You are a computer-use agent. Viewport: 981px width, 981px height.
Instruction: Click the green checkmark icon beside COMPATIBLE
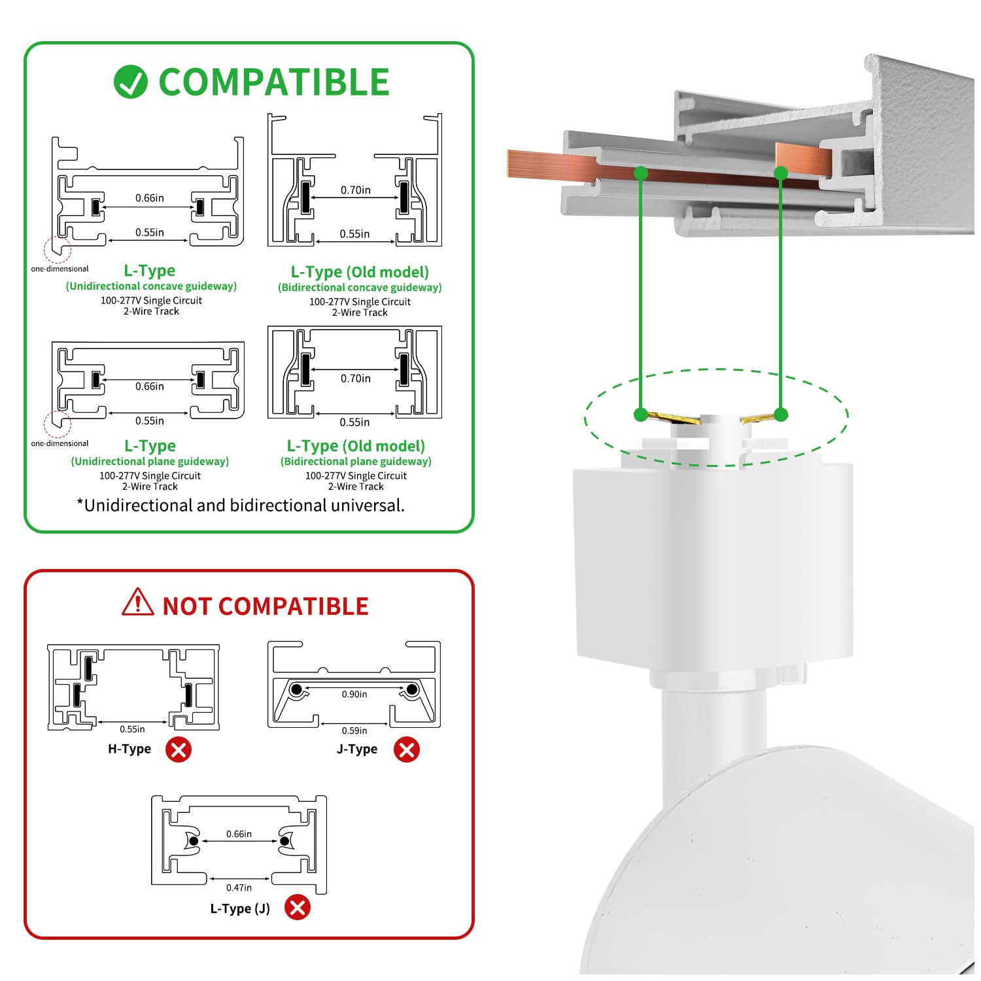(x=130, y=82)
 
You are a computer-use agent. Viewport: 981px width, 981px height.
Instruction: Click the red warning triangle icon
(x=138, y=603)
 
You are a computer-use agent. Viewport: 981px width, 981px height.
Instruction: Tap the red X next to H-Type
(x=179, y=749)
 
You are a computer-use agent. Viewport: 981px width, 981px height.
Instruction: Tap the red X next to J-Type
(x=406, y=749)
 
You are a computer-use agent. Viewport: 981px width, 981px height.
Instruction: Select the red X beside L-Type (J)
(x=298, y=908)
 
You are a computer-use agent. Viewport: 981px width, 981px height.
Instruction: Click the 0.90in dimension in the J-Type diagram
(x=354, y=695)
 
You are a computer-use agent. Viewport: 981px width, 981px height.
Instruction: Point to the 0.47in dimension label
(x=239, y=887)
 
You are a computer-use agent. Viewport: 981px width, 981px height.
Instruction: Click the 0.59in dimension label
(x=354, y=731)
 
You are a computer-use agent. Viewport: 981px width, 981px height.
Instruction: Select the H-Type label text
(x=129, y=749)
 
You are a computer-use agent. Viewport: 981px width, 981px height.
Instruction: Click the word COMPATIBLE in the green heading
(x=274, y=82)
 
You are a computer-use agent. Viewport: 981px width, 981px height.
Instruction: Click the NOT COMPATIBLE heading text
(x=266, y=606)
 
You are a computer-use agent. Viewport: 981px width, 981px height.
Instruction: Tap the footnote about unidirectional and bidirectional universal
(x=241, y=506)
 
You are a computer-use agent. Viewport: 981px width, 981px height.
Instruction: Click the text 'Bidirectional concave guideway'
(x=360, y=287)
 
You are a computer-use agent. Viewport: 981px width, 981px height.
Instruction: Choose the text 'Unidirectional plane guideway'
(x=150, y=461)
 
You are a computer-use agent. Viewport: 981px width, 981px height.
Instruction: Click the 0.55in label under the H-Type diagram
(x=132, y=729)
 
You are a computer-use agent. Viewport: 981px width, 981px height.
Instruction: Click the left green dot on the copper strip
(x=641, y=173)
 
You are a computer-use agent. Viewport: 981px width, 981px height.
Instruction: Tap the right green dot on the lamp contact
(x=781, y=414)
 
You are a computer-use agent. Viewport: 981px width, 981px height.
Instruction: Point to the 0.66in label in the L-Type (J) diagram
(x=239, y=834)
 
